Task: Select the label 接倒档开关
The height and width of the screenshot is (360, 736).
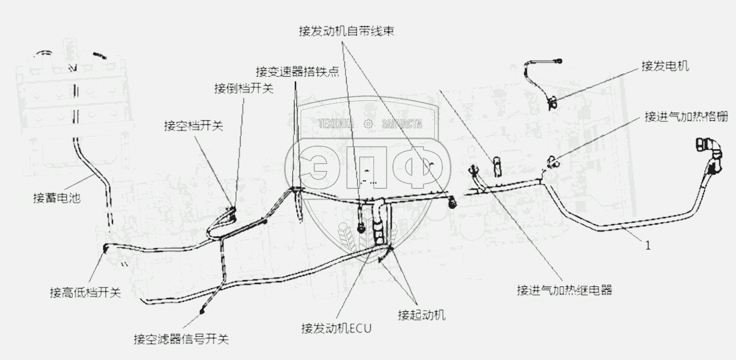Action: (243, 89)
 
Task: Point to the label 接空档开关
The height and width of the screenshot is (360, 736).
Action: (193, 126)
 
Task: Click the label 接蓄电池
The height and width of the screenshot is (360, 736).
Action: (57, 197)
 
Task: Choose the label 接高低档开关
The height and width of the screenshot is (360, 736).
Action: (85, 292)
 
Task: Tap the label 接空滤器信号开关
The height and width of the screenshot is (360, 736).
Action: (181, 338)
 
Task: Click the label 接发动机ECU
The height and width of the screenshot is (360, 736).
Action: (336, 328)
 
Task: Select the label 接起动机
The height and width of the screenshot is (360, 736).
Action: (422, 315)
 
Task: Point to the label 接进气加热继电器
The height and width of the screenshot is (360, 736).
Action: (564, 290)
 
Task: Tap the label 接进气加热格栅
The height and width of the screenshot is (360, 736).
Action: (686, 116)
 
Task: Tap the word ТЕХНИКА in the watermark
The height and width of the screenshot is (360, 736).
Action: (336, 124)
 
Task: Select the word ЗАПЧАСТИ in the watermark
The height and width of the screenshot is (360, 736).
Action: (402, 124)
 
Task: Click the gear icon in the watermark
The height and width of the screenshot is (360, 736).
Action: (367, 124)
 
